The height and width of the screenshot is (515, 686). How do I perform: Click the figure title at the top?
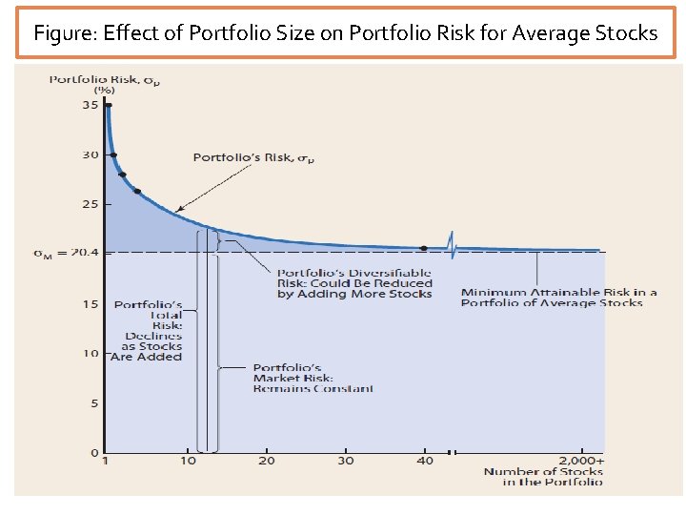pos(345,33)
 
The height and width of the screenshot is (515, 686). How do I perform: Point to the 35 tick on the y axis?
pos(90,105)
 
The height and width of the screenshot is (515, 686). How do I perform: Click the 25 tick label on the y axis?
pos(90,204)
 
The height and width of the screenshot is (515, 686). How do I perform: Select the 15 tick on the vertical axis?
pos(90,304)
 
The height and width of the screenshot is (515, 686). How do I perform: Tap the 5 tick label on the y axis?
pos(92,403)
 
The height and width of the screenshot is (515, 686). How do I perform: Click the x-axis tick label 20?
pos(266,462)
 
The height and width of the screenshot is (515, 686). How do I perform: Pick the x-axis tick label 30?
pos(345,462)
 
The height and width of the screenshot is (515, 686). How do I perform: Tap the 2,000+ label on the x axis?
pos(581,462)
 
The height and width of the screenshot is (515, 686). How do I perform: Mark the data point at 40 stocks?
pos(424,248)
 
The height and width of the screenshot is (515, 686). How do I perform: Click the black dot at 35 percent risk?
pos(109,105)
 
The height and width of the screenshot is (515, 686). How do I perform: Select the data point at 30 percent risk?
pos(113,154)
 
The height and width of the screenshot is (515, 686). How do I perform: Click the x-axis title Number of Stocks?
pos(543,477)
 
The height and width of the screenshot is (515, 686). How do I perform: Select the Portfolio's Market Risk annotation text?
pos(313,378)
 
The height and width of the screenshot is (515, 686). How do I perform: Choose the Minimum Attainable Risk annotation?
pos(558,298)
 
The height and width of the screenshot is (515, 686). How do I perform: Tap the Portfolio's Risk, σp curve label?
pos(253,157)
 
